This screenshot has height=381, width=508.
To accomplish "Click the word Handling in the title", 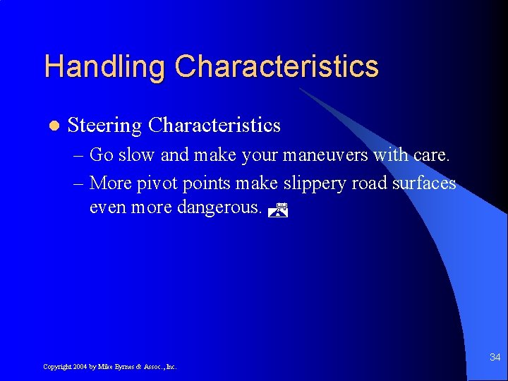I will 104,67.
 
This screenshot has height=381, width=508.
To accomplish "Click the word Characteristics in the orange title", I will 277,67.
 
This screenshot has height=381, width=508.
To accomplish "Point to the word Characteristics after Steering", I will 214,126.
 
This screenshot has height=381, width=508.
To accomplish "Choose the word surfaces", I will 425,183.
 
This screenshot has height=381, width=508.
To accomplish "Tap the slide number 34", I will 495,358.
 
